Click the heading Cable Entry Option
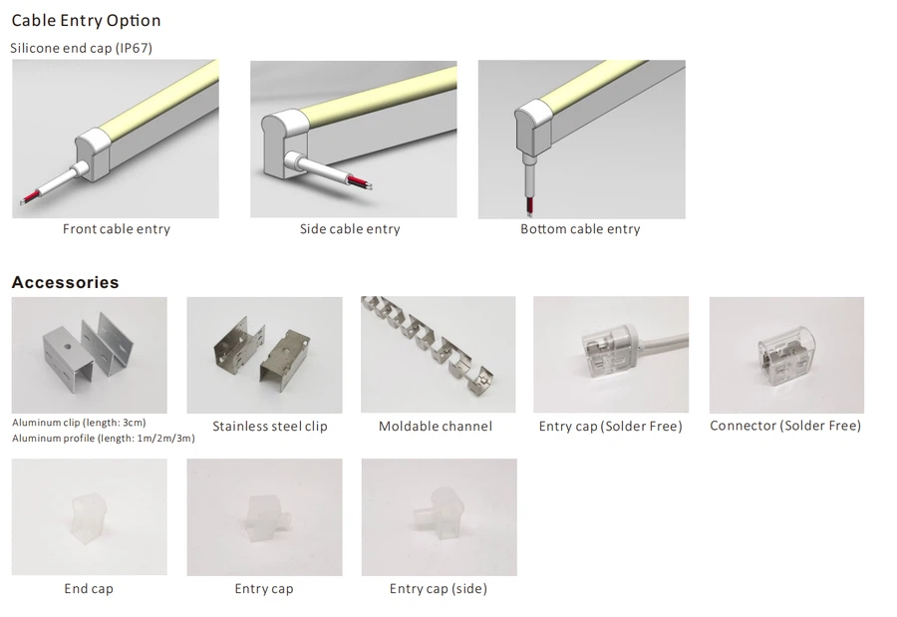[x=86, y=21]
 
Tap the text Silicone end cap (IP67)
[x=82, y=48]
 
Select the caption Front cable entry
[x=117, y=229]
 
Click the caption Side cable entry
[x=350, y=229]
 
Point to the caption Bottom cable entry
[x=580, y=229]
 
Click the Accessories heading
[x=65, y=282]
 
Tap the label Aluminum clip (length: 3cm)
[x=79, y=423]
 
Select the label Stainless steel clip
[x=270, y=427]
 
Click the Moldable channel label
[x=436, y=427]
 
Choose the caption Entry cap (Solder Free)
[x=610, y=427]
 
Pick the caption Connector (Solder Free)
[x=785, y=426]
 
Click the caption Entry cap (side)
[x=439, y=588]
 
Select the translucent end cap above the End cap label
[x=90, y=517]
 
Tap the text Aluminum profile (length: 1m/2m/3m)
[x=104, y=439]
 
